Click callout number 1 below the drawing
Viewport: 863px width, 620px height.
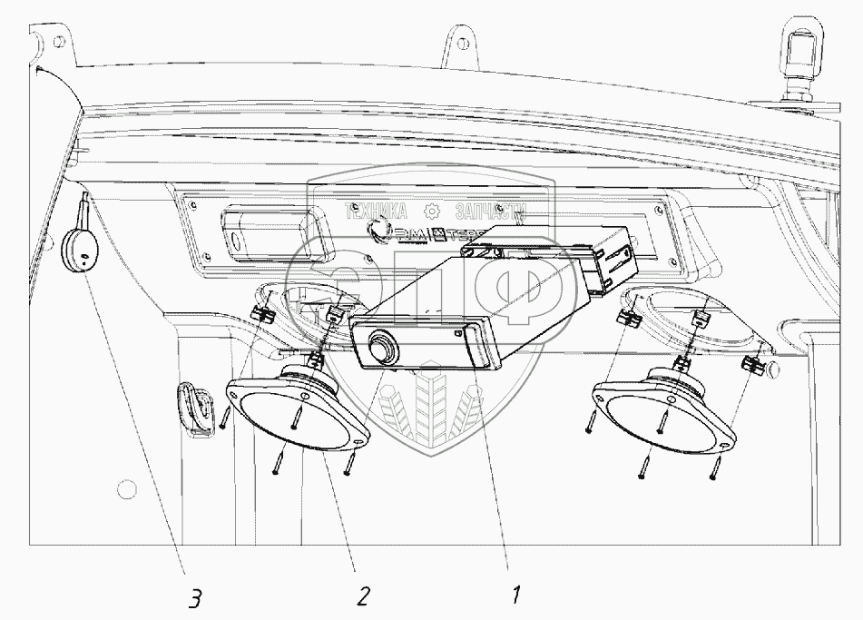[x=515, y=596]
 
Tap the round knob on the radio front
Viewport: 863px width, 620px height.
[x=382, y=347]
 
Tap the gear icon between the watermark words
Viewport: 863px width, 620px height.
[x=433, y=212]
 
